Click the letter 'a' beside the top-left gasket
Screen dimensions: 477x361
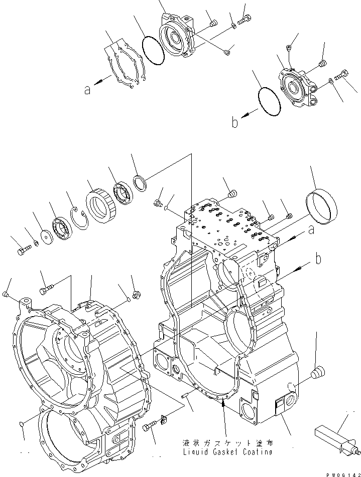click(88, 90)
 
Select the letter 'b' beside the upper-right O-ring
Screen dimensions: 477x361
click(234, 122)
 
